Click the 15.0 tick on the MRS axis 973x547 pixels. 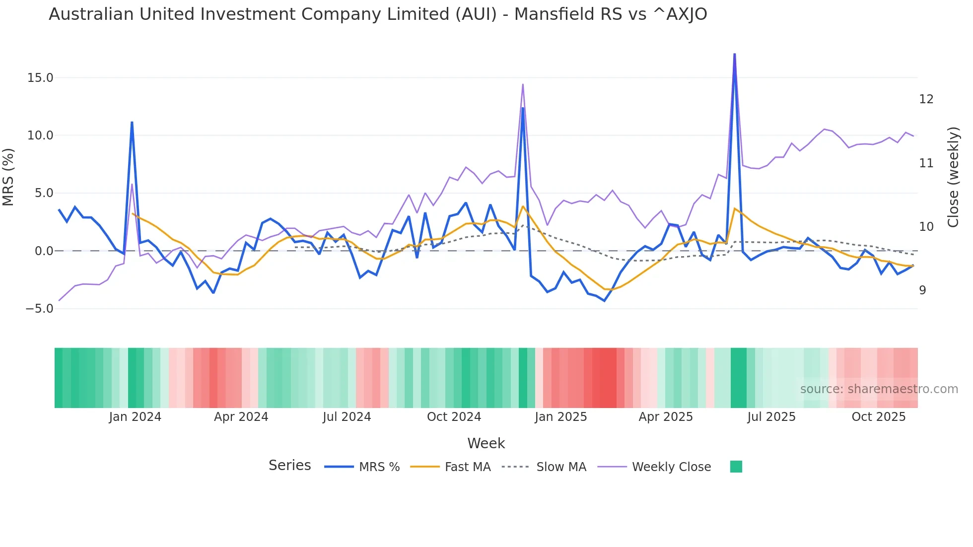point(40,78)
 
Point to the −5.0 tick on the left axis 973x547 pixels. point(39,309)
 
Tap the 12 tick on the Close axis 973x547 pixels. point(926,99)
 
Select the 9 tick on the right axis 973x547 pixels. point(922,290)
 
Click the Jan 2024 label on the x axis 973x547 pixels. point(135,417)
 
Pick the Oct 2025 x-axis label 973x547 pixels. point(878,417)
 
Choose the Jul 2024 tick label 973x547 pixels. point(347,417)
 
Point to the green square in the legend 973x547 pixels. point(736,467)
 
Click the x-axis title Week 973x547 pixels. point(486,443)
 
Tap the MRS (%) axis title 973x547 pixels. point(8,177)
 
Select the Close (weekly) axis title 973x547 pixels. point(953,177)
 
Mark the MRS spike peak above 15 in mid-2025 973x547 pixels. point(734,54)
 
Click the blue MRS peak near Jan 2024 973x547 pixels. point(132,122)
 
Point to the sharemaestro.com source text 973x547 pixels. point(879,389)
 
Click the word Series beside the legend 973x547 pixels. point(289,466)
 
